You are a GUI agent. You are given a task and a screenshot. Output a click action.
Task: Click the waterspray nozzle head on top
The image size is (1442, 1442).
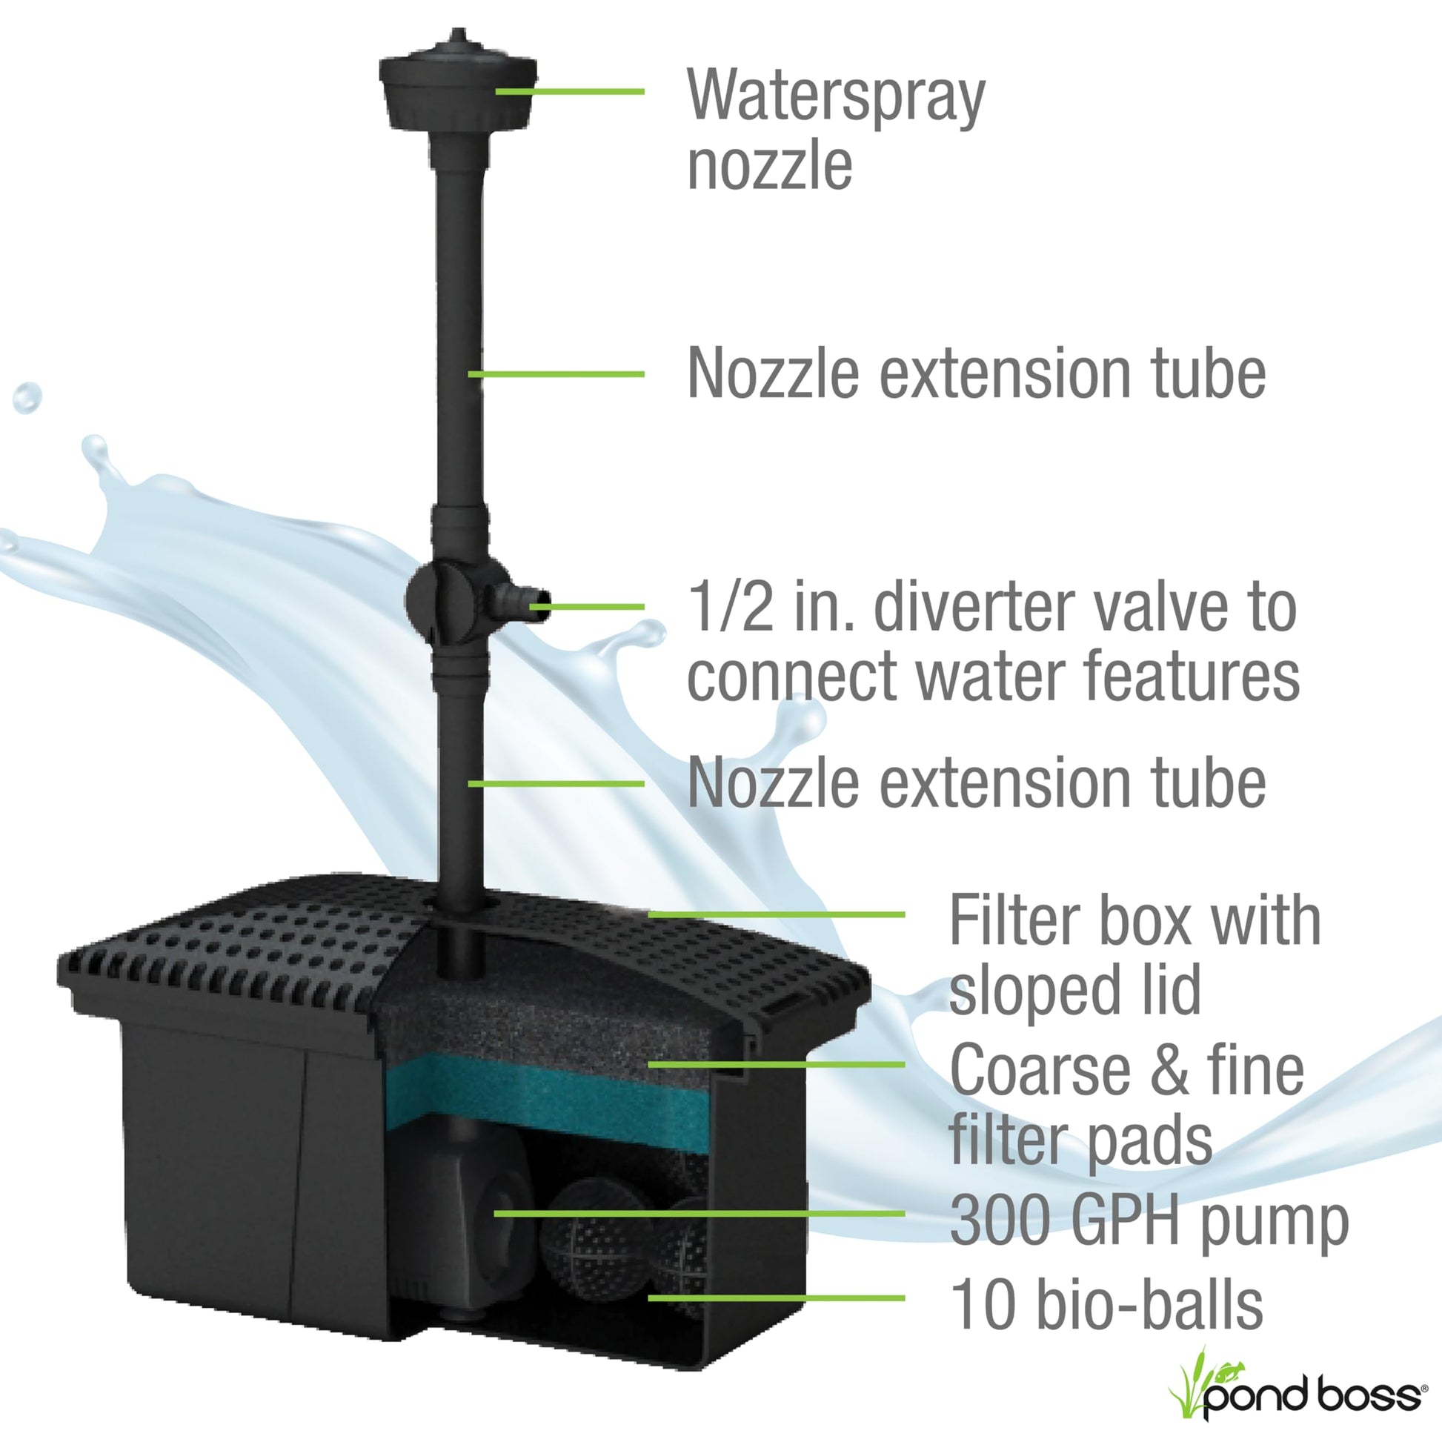tap(457, 82)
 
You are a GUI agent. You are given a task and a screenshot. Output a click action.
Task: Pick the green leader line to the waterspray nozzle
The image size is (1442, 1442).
tap(570, 91)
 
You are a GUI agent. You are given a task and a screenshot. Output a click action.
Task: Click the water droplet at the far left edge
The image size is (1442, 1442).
tap(27, 398)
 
